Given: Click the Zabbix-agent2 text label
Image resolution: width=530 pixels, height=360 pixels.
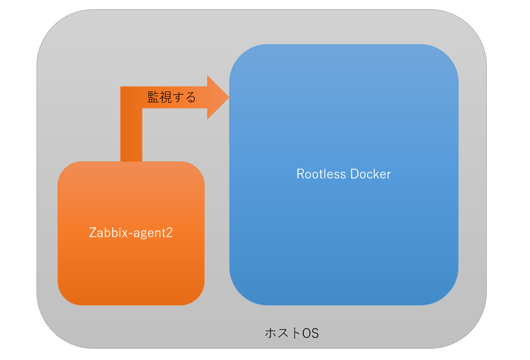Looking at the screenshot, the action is tap(131, 232).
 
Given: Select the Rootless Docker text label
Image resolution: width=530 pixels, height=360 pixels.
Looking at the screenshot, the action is tap(343, 174).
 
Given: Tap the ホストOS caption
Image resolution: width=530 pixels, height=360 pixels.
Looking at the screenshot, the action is tap(291, 333).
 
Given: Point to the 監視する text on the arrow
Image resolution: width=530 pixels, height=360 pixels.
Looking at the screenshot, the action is tap(172, 97).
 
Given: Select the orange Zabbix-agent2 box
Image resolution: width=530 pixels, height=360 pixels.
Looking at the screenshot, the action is tap(131, 233).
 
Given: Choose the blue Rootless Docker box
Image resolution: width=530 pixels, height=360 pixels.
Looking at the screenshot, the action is tap(344, 175).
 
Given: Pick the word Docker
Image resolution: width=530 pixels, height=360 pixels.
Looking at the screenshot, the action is tap(371, 174).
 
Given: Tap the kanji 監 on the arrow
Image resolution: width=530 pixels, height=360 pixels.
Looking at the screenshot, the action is tap(153, 97).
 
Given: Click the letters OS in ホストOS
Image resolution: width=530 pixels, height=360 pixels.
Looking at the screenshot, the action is tap(310, 333).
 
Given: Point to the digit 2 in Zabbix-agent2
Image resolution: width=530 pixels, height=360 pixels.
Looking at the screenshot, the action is tap(169, 232).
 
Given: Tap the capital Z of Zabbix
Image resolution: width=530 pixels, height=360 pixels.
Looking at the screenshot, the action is tap(93, 232).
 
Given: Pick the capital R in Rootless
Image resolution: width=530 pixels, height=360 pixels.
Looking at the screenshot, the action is tap(301, 174).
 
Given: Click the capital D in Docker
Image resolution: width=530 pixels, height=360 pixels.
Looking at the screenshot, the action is tap(355, 174).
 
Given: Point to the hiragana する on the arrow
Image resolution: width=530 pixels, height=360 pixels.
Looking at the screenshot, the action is tap(184, 97).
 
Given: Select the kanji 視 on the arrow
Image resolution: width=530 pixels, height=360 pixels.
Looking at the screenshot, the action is tap(166, 97).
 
